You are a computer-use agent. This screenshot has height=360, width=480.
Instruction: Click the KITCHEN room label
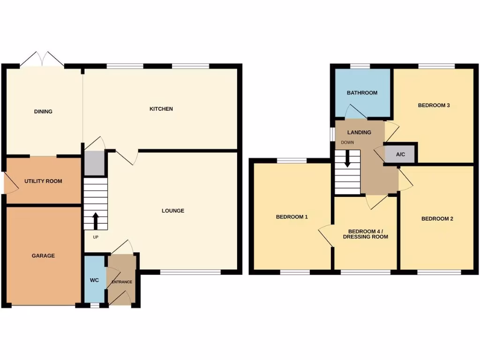point(161,109)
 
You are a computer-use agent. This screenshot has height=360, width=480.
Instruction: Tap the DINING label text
point(43,112)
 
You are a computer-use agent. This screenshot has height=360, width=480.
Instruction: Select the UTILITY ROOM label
point(43,181)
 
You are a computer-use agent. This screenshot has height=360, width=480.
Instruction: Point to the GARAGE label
point(43,255)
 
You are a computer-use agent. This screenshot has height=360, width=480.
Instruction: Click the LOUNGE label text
point(173,210)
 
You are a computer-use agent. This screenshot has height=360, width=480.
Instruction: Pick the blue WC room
point(95,280)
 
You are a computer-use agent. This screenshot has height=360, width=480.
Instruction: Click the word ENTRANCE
point(121,282)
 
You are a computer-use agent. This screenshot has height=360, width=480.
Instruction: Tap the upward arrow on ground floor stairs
point(96,220)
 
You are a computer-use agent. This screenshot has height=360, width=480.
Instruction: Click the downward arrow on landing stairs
point(347,159)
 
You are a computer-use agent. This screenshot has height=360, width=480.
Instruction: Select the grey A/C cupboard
point(400,154)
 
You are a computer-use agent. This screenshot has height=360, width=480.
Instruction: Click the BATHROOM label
point(362,93)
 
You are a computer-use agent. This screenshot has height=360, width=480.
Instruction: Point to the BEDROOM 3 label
point(434,105)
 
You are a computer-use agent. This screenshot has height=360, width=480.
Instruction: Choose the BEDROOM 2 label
point(437,218)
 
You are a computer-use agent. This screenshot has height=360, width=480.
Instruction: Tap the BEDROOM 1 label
point(292,217)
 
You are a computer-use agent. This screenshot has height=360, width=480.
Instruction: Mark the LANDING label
point(359,132)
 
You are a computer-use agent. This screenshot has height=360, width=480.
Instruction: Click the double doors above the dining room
point(42,60)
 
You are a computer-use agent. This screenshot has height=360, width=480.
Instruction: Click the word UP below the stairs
point(96,237)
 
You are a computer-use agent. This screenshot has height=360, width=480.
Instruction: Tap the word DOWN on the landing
point(347,142)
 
